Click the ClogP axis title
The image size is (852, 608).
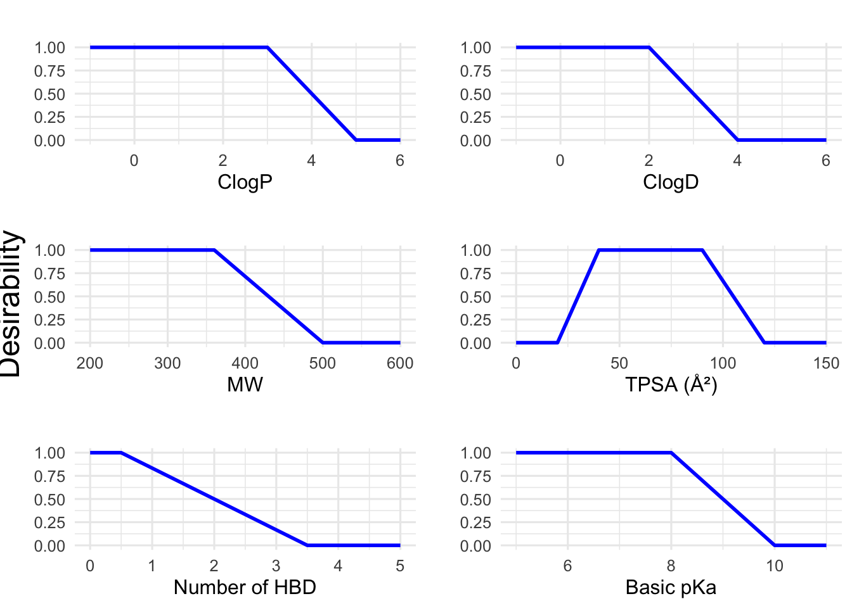click(x=245, y=182)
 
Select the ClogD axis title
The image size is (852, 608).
click(x=671, y=182)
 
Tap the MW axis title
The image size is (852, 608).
click(x=245, y=384)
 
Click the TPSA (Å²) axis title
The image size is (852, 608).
click(x=671, y=384)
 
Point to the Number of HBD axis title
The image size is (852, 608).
click(x=245, y=587)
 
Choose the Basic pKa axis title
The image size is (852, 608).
click(x=671, y=587)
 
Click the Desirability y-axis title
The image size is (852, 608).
click(x=11, y=304)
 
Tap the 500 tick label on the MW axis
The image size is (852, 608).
click(x=323, y=363)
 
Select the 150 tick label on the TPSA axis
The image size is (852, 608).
click(x=825, y=363)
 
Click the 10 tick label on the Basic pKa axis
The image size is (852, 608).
click(x=774, y=566)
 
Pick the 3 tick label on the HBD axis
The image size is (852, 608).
click(x=276, y=566)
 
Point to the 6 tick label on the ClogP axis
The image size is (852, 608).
click(x=399, y=160)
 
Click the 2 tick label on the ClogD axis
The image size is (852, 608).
click(x=649, y=160)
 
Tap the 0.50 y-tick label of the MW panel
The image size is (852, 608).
click(x=49, y=296)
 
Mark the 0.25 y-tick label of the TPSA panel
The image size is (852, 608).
click(x=475, y=320)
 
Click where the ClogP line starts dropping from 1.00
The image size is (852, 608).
click(x=268, y=47)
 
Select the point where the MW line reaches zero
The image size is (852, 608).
click(x=323, y=343)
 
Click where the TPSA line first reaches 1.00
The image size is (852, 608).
click(x=599, y=250)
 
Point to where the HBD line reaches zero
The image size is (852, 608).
click(x=307, y=545)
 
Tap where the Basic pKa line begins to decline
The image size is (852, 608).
click(x=671, y=453)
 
